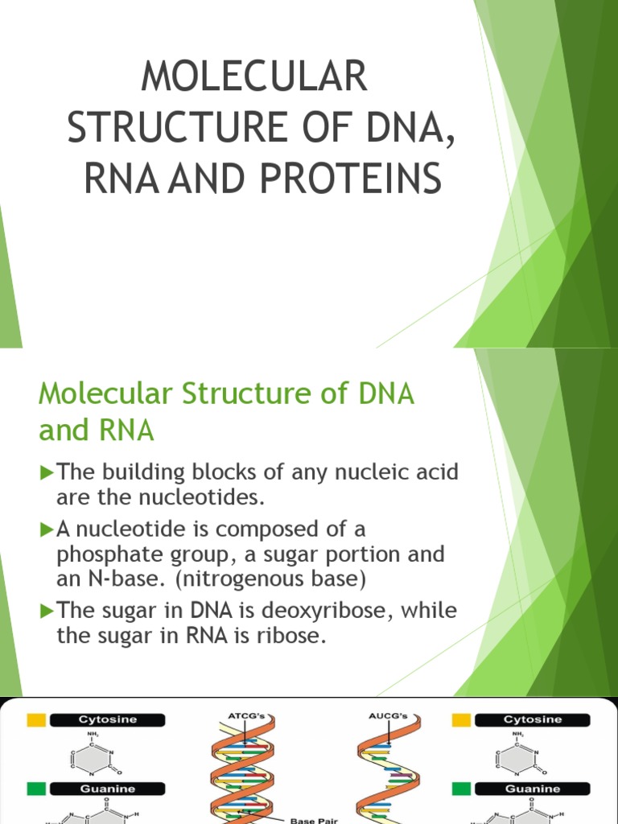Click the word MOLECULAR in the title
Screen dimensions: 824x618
point(253,77)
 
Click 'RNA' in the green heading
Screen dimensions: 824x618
point(125,431)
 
